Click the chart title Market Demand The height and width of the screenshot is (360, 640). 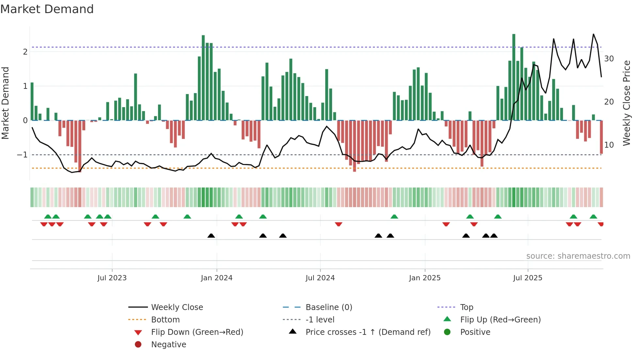click(47, 9)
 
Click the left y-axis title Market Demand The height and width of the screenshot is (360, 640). click(6, 103)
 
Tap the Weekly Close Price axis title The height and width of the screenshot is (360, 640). click(626, 103)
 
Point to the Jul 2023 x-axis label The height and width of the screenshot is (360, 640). click(112, 278)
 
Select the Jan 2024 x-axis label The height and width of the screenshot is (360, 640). click(216, 278)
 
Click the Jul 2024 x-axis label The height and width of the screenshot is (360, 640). click(320, 278)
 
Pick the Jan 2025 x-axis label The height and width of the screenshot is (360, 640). click(424, 278)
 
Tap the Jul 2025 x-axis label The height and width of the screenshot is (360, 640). click(527, 278)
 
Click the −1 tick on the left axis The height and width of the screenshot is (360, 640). click(22, 155)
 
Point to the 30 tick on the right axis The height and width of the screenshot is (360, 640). click(609, 59)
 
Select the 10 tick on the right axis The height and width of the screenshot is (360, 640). click(609, 145)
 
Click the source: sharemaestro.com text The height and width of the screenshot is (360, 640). click(578, 256)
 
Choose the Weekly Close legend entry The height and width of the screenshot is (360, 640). click(177, 307)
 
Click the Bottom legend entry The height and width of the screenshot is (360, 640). click(165, 320)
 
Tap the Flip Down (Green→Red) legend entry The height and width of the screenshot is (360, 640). click(197, 332)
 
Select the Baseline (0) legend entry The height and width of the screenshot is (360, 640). click(328, 307)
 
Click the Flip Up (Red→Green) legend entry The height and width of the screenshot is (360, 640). click(500, 320)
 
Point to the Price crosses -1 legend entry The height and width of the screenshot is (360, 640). click(368, 332)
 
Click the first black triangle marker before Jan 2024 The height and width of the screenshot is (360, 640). click(211, 236)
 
